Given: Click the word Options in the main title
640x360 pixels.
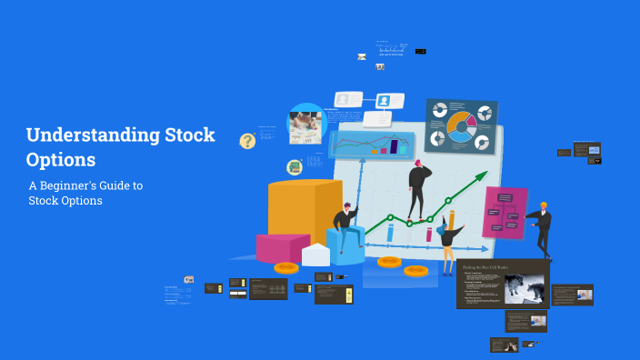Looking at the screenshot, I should tap(61, 160).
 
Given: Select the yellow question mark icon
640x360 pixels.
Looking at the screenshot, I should tap(247, 141).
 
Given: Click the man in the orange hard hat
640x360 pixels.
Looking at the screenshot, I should tap(542, 227).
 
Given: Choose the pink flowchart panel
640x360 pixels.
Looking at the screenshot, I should tap(505, 212).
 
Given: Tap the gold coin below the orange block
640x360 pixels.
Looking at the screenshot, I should tap(286, 268).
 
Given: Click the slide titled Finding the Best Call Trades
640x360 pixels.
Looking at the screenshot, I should tap(503, 284).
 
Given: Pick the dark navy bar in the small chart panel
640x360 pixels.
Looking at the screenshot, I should tap(395, 145).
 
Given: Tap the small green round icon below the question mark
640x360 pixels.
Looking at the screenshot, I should tap(294, 167).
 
